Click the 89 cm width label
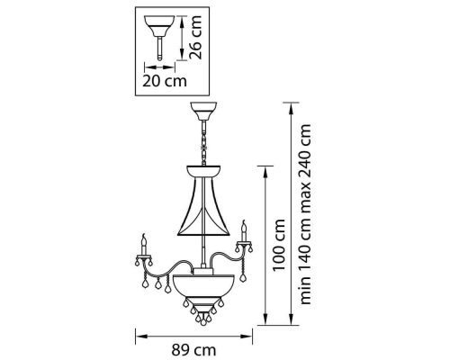(193, 350)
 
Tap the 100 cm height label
(279, 245)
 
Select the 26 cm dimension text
(196, 37)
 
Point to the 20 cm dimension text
(165, 81)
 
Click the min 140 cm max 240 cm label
(305, 214)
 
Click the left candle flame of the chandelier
(144, 238)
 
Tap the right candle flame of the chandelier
(244, 225)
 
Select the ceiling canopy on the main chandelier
(203, 111)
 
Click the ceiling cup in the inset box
(159, 25)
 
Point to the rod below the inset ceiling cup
(159, 48)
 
